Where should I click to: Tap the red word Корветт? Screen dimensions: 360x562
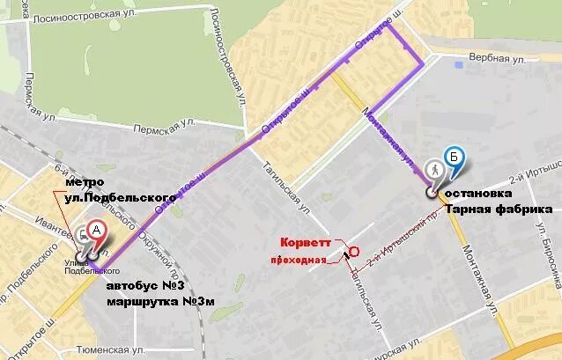coord(307,243)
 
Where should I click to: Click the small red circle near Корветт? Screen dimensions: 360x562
coord(354,251)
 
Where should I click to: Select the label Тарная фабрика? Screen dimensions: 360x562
coord(499,209)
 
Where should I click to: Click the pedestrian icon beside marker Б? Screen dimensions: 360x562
coord(433,169)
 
